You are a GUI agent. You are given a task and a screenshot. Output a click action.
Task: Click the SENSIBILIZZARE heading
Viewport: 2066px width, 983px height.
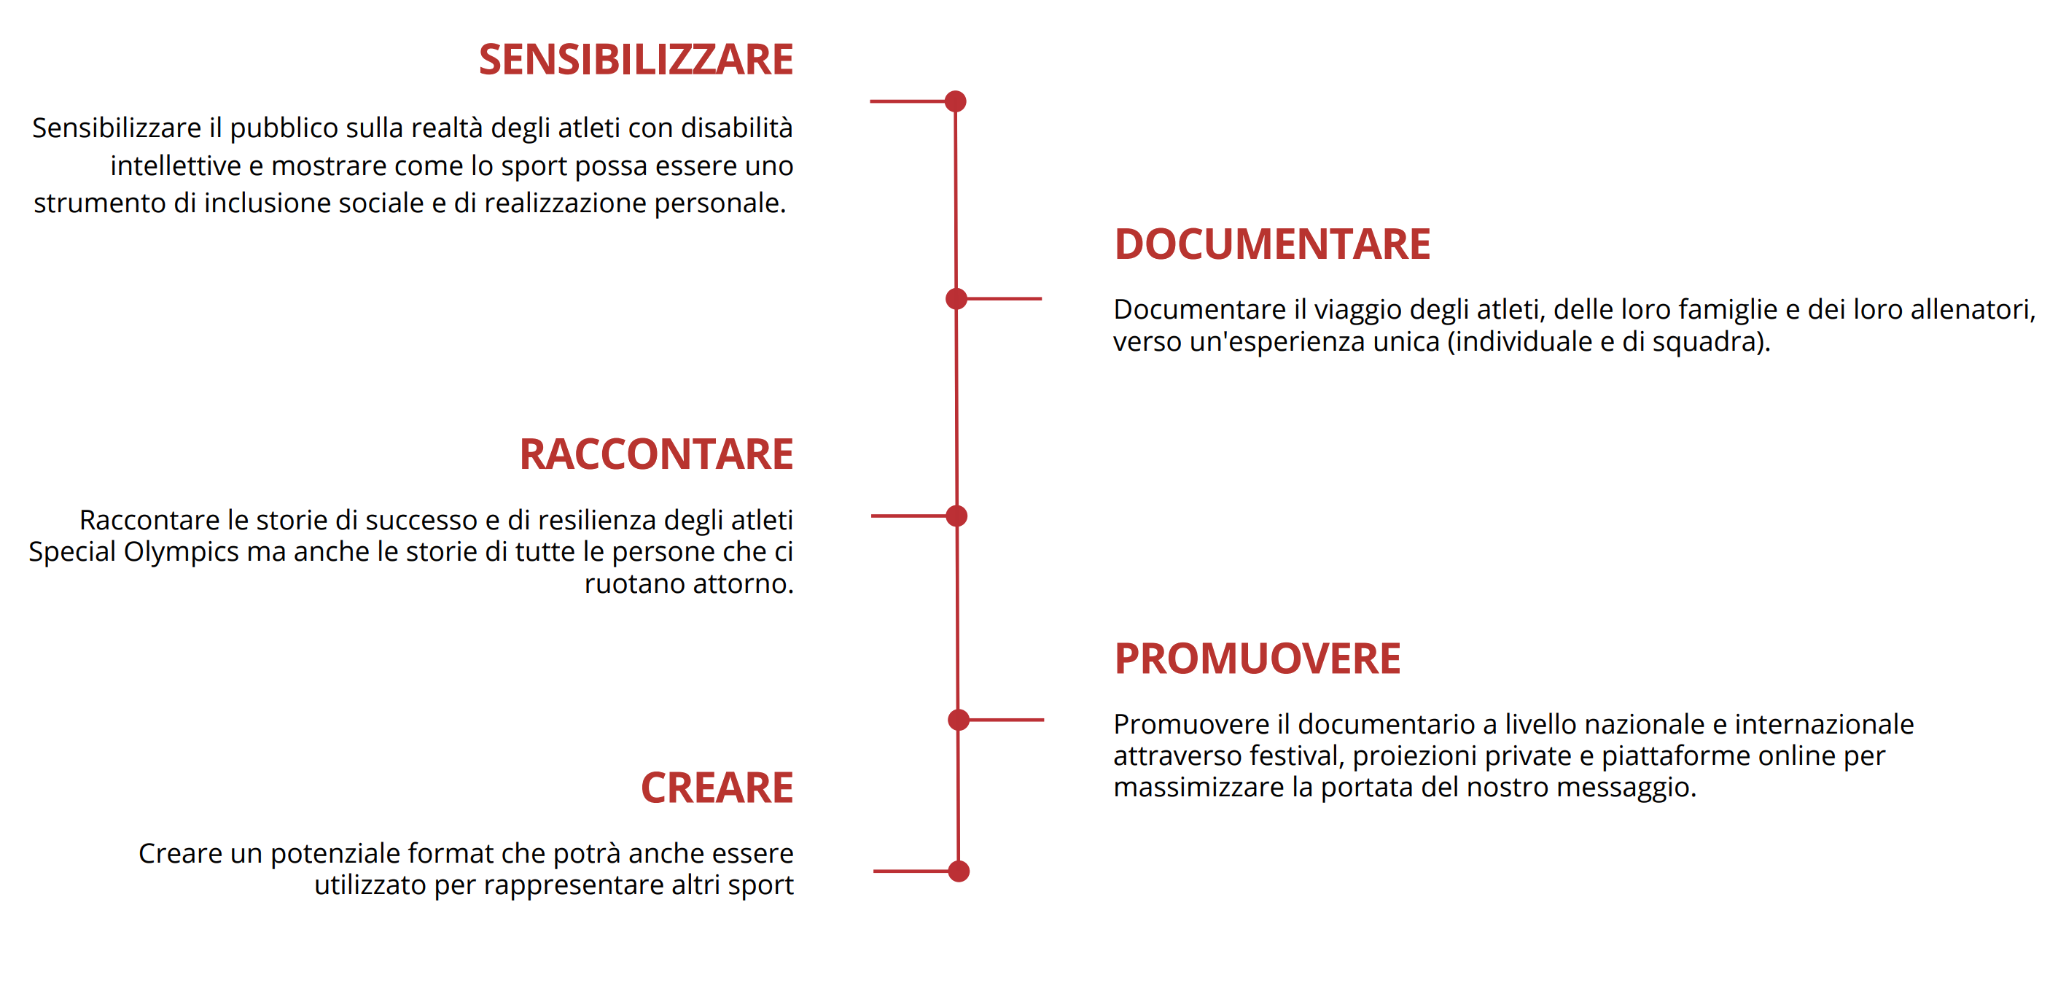pyautogui.click(x=636, y=61)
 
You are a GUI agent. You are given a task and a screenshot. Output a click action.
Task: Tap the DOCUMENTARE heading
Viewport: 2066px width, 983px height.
pyautogui.click(x=1272, y=244)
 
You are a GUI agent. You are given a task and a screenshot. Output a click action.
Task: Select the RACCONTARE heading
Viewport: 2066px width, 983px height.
pyautogui.click(x=656, y=454)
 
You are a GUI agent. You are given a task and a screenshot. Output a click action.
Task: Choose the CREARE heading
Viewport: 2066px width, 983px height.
pyautogui.click(x=717, y=788)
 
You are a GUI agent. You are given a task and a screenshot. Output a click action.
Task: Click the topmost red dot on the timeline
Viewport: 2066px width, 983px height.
pyautogui.click(x=955, y=101)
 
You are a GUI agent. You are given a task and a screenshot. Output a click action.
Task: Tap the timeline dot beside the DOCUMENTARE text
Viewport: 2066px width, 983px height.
pyautogui.click(x=956, y=298)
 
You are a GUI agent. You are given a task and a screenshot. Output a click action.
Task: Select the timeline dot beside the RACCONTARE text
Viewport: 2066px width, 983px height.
pyautogui.click(x=956, y=516)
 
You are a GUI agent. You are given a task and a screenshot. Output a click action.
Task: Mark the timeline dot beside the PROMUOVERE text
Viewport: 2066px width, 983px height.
pyautogui.click(x=959, y=720)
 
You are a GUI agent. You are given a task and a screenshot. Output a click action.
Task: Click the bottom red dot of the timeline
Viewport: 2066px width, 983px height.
pyautogui.click(x=959, y=871)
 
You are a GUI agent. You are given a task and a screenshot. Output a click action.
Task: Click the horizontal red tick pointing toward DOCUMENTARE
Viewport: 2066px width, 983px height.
pyautogui.click(x=1004, y=298)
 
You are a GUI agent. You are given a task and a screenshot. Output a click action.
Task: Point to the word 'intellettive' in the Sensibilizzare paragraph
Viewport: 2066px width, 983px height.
pyautogui.click(x=176, y=166)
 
